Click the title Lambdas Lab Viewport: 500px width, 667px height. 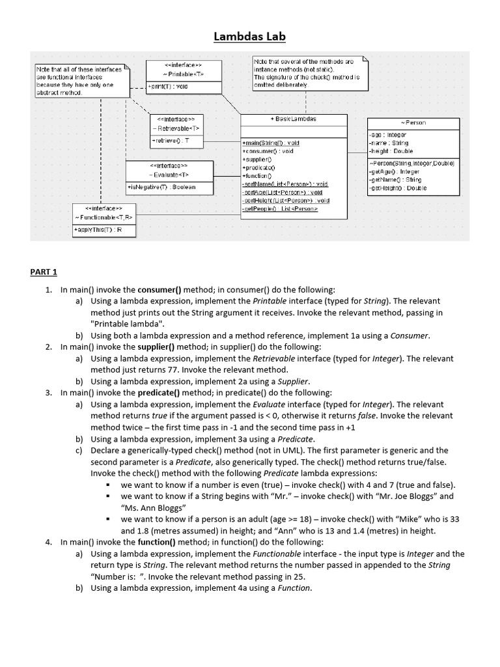point(249,36)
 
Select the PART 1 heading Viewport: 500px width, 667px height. point(44,272)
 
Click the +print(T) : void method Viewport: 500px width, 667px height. point(168,86)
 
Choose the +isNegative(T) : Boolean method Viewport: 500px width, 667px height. point(163,187)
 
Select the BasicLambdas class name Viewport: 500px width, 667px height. point(293,119)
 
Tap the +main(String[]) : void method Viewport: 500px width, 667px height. point(271,143)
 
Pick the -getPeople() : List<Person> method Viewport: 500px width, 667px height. point(280,209)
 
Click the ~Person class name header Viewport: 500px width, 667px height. point(413,122)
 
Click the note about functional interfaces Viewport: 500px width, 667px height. point(80,81)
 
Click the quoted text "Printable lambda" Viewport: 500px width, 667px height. point(128,324)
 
